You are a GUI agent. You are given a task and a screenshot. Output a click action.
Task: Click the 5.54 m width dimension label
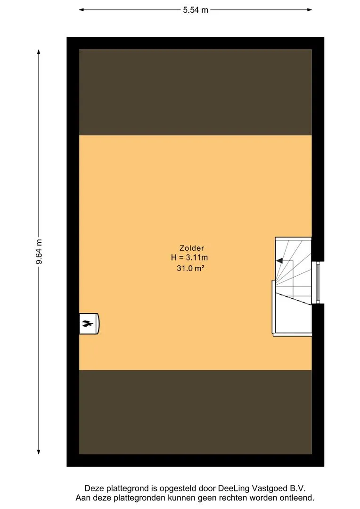[196, 10]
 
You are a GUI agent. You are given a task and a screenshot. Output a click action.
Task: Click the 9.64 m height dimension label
[39, 252]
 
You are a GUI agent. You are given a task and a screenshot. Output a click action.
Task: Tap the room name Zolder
[192, 248]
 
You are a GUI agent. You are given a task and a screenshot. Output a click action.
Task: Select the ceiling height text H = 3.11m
[189, 258]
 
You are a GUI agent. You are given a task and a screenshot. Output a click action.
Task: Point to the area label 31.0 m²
[190, 268]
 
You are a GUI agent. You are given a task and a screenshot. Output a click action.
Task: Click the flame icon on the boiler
[88, 323]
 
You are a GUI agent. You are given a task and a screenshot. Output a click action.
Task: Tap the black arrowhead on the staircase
[279, 260]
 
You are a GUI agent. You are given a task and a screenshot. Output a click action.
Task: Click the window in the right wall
[318, 282]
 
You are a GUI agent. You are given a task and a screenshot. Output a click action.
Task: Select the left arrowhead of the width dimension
[82, 10]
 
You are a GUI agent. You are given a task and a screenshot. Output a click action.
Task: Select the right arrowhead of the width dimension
[310, 10]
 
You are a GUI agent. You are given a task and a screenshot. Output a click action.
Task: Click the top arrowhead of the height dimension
[39, 52]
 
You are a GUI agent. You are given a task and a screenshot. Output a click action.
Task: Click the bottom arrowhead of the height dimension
[39, 452]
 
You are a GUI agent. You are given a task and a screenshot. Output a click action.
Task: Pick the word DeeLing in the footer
[234, 488]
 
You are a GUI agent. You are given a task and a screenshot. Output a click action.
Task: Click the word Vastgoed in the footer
[270, 488]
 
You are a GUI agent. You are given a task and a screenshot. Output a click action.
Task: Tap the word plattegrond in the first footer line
[128, 488]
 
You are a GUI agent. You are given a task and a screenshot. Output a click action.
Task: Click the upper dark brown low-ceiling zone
[196, 92]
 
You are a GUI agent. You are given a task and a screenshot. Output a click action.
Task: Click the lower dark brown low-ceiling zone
[196, 412]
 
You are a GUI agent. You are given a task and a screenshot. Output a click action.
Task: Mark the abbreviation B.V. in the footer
[298, 488]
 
